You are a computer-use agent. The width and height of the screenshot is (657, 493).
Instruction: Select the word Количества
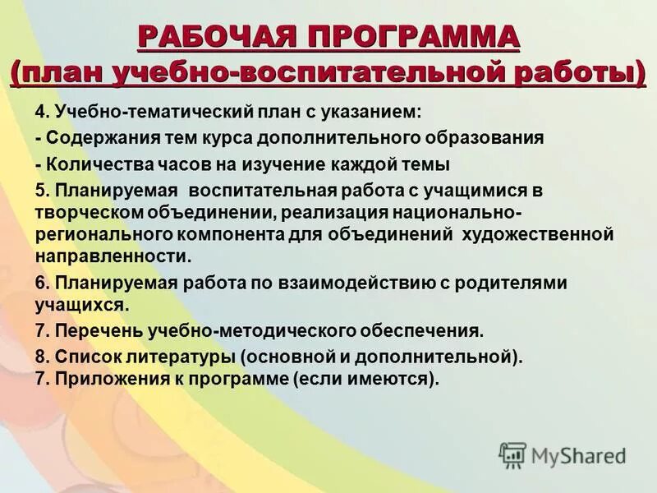pos(95,164)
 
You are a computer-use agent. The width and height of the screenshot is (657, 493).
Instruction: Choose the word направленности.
pos(113,256)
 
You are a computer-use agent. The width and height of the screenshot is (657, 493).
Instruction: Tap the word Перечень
pos(98,331)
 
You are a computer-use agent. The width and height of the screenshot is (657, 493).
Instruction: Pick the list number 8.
pos(40,357)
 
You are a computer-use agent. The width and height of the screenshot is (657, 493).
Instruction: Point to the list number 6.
pos(40,283)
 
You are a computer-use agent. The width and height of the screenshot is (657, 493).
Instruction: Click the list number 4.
pos(40,111)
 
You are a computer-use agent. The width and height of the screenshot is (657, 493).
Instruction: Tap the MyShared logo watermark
pos(563,455)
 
